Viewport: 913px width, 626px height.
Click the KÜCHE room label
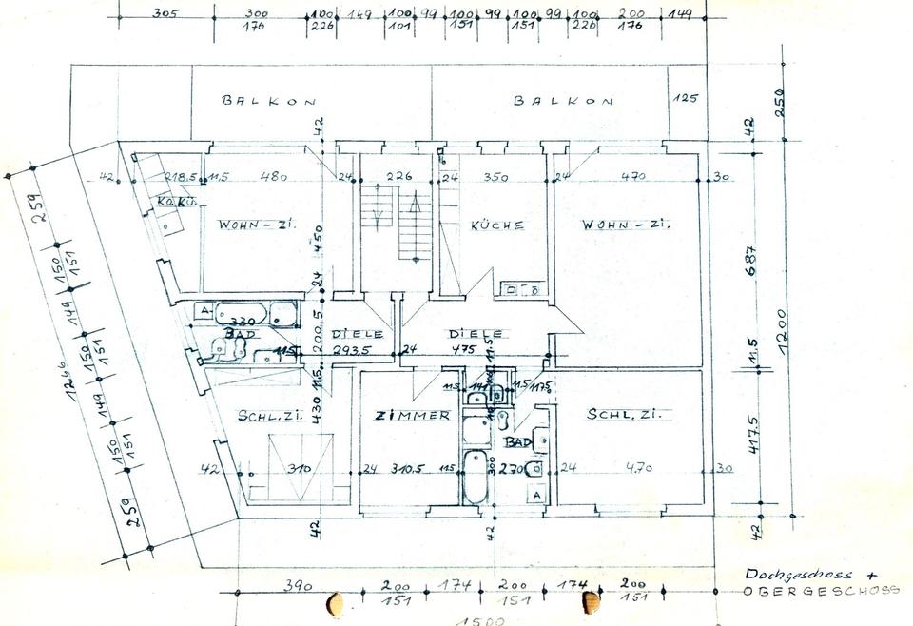click(497, 225)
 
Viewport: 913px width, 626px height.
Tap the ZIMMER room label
click(412, 416)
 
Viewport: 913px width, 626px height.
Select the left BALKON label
click(268, 100)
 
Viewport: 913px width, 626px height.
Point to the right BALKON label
click(563, 100)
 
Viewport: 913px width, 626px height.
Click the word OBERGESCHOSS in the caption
click(821, 591)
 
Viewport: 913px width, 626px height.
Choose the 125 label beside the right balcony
click(685, 98)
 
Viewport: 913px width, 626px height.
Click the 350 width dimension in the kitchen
click(496, 177)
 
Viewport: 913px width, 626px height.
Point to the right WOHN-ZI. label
click(627, 225)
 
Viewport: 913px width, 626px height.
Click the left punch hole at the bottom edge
click(334, 603)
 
